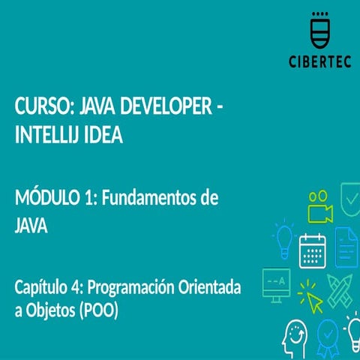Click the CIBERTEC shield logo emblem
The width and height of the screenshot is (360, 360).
(320, 30)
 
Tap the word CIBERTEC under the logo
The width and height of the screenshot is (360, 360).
(320, 61)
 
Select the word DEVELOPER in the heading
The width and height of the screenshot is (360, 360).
(166, 106)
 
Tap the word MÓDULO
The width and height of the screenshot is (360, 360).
(47, 196)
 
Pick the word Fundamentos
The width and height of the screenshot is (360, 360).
(147, 197)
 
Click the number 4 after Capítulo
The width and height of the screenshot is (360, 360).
(76, 287)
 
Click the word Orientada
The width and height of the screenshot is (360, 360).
(209, 287)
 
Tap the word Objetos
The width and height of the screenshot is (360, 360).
(50, 310)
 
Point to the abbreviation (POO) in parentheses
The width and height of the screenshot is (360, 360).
(98, 310)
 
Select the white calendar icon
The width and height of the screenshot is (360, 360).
(313, 250)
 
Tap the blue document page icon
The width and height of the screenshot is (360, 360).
(346, 247)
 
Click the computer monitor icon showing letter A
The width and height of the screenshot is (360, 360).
(277, 286)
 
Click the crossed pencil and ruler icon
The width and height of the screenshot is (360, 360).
(340, 291)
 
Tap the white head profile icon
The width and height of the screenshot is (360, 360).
(295, 339)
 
